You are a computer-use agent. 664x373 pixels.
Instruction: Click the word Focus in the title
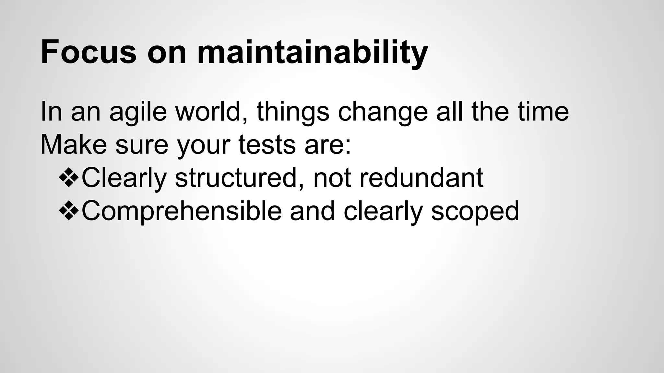click(x=88, y=52)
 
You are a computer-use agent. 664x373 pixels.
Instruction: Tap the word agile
click(x=138, y=112)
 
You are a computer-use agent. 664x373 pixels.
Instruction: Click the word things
click(x=293, y=112)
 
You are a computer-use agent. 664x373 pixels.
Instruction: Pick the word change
click(x=383, y=112)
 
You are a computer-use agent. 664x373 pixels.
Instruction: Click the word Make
click(x=74, y=145)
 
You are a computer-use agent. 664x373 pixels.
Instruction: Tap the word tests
click(x=267, y=145)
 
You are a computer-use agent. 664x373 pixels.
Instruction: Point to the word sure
click(x=142, y=145)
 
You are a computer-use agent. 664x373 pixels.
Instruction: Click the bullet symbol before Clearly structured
click(x=69, y=178)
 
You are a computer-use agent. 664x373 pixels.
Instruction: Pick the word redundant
click(x=421, y=178)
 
